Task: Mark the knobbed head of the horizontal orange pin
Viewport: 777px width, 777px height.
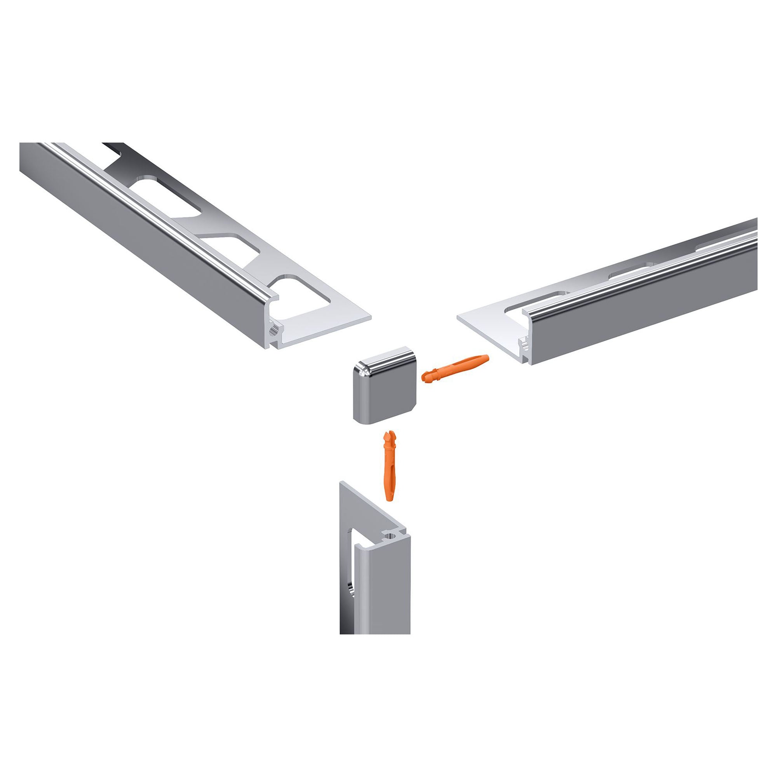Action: coord(427,378)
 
